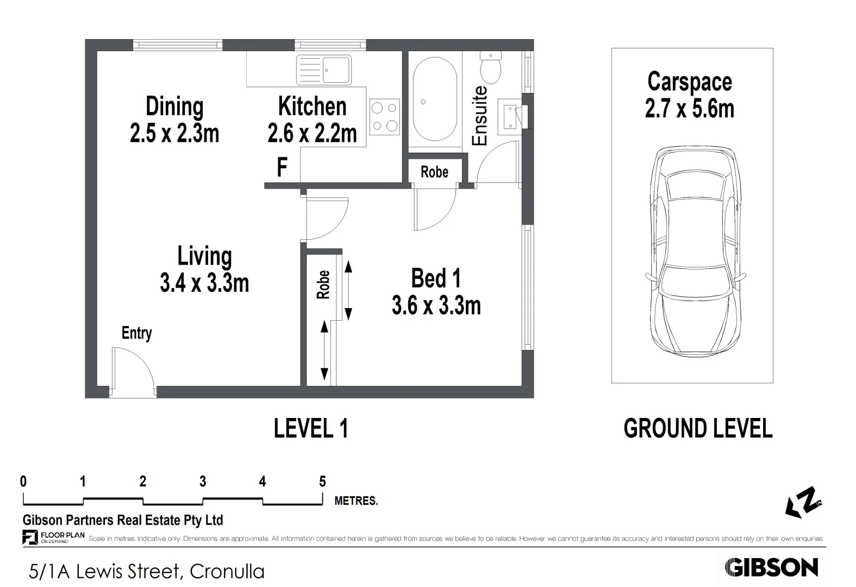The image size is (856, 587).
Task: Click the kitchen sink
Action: tap(324, 70)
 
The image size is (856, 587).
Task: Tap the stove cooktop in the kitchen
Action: tap(385, 117)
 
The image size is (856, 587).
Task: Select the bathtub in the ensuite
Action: tap(435, 99)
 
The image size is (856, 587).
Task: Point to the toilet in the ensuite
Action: tap(491, 67)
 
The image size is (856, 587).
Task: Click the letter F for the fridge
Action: tap(282, 167)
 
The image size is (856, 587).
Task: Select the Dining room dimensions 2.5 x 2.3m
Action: tap(174, 133)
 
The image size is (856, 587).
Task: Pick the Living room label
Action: tap(204, 257)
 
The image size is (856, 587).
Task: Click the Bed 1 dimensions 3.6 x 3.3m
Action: tap(436, 305)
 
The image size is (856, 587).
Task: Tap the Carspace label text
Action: tap(690, 82)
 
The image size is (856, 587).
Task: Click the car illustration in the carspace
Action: tap(696, 252)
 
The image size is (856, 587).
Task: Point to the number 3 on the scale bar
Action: tap(203, 482)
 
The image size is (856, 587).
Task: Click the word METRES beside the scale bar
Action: tap(356, 501)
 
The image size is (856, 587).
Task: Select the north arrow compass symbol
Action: tap(803, 503)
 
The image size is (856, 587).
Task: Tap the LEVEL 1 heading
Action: tap(311, 428)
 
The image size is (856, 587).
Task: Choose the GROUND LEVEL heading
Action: tap(698, 428)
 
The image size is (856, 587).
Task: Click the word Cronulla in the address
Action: tap(227, 572)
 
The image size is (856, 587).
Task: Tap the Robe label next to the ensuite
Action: tap(434, 172)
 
